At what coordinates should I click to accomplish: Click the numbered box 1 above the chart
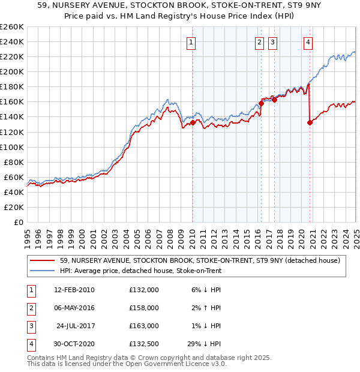click(191, 42)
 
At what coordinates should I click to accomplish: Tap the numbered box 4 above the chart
click(308, 42)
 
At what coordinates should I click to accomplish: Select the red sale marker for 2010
click(193, 123)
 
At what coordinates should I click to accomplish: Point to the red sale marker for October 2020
click(310, 122)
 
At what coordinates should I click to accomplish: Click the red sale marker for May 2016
click(262, 103)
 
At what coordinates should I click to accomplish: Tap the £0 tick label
click(17, 222)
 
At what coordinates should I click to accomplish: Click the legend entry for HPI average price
click(140, 271)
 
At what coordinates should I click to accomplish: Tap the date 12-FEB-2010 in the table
click(74, 290)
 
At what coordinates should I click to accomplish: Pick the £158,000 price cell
click(144, 308)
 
